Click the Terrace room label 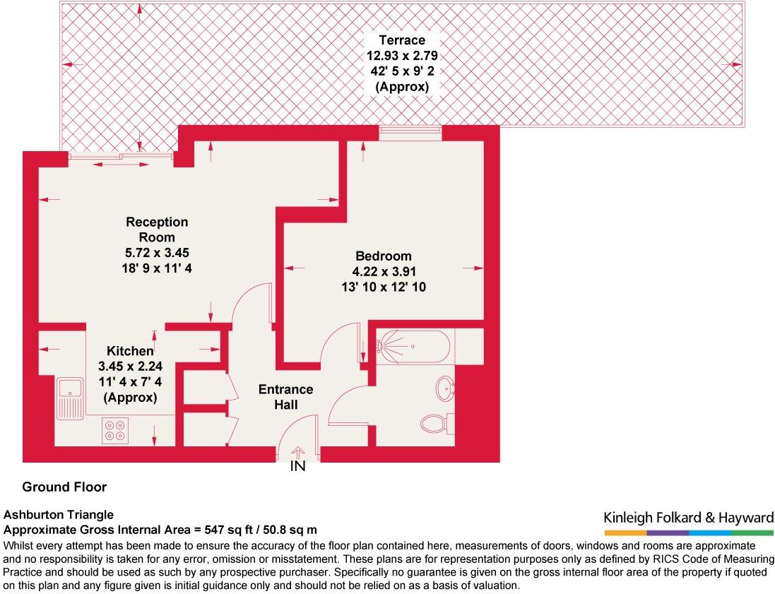(x=401, y=40)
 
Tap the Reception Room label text (x=157, y=230)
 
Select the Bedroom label (x=383, y=256)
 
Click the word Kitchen (x=130, y=351)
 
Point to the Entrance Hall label (x=285, y=397)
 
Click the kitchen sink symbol (x=70, y=400)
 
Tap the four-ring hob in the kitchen (x=115, y=430)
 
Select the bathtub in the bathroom (x=413, y=347)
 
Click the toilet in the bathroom (x=434, y=423)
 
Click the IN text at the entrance (x=298, y=467)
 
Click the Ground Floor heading (x=64, y=487)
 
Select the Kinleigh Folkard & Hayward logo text (x=688, y=518)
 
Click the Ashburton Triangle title (x=59, y=515)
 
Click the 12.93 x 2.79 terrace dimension (x=401, y=56)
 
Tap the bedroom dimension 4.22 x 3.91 (x=383, y=272)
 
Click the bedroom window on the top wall (x=410, y=129)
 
